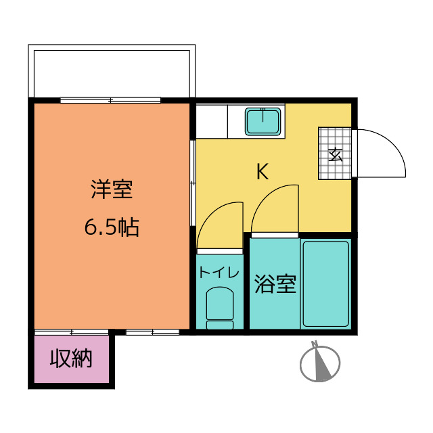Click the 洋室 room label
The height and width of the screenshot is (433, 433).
112,190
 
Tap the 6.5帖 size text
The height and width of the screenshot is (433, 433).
112,227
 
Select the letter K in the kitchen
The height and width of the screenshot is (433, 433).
262,172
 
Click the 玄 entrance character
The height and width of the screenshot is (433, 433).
336,154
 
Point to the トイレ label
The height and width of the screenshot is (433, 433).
219,273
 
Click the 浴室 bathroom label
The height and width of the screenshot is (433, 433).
275,284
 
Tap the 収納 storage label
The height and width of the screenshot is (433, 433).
71,359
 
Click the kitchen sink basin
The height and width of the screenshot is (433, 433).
264,121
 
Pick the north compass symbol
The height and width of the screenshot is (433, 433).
319,363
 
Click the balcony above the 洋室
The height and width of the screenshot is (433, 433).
112,72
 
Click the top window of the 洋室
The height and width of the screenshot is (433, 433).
110,101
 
